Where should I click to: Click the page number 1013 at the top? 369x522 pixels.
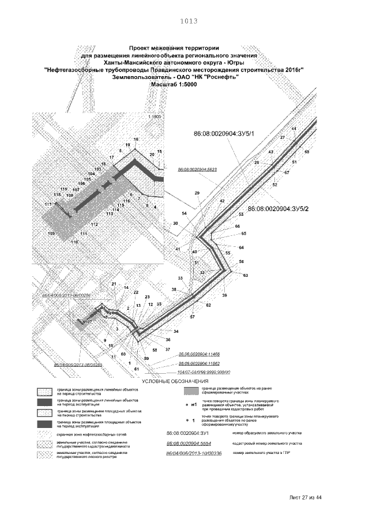189,21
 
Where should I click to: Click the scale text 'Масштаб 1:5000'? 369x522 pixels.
174,84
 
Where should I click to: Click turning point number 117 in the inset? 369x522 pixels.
48,205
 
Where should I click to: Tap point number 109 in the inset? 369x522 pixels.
51,233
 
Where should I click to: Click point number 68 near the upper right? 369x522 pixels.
307,152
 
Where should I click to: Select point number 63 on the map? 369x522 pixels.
246,276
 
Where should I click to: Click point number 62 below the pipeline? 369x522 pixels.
208,305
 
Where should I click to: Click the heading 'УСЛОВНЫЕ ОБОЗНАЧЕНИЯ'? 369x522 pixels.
176,381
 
